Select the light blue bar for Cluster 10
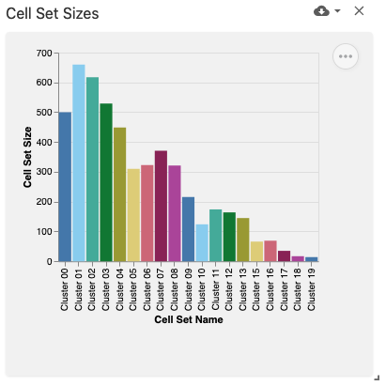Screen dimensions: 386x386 [202, 242]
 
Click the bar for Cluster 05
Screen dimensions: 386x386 [133, 215]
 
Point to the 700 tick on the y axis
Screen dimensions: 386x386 [41, 54]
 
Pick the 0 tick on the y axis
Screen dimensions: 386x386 [48, 261]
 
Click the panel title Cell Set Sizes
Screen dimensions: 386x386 [53, 12]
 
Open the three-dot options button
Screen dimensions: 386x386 [346, 56]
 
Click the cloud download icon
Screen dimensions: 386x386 [322, 11]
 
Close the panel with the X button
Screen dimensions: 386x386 [359, 11]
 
